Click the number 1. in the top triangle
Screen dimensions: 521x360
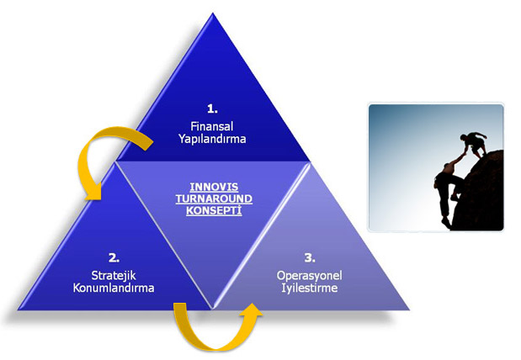(212, 109)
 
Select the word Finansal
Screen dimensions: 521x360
(212, 126)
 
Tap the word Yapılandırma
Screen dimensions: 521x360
(212, 139)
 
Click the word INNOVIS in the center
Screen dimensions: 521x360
(214, 187)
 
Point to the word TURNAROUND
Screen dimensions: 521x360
(214, 199)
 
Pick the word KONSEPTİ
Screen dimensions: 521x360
(214, 210)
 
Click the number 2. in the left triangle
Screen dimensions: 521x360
(114, 257)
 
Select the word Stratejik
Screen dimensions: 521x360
(114, 275)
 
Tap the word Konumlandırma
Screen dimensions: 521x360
(114, 288)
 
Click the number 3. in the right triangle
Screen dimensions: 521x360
(310, 257)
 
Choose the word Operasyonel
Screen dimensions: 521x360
(310, 275)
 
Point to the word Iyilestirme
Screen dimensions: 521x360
(310, 288)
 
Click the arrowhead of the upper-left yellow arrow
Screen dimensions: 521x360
(93, 193)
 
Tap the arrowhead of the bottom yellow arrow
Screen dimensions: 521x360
(251, 311)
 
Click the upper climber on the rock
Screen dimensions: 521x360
(475, 144)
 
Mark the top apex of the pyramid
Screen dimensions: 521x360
(213, 13)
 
